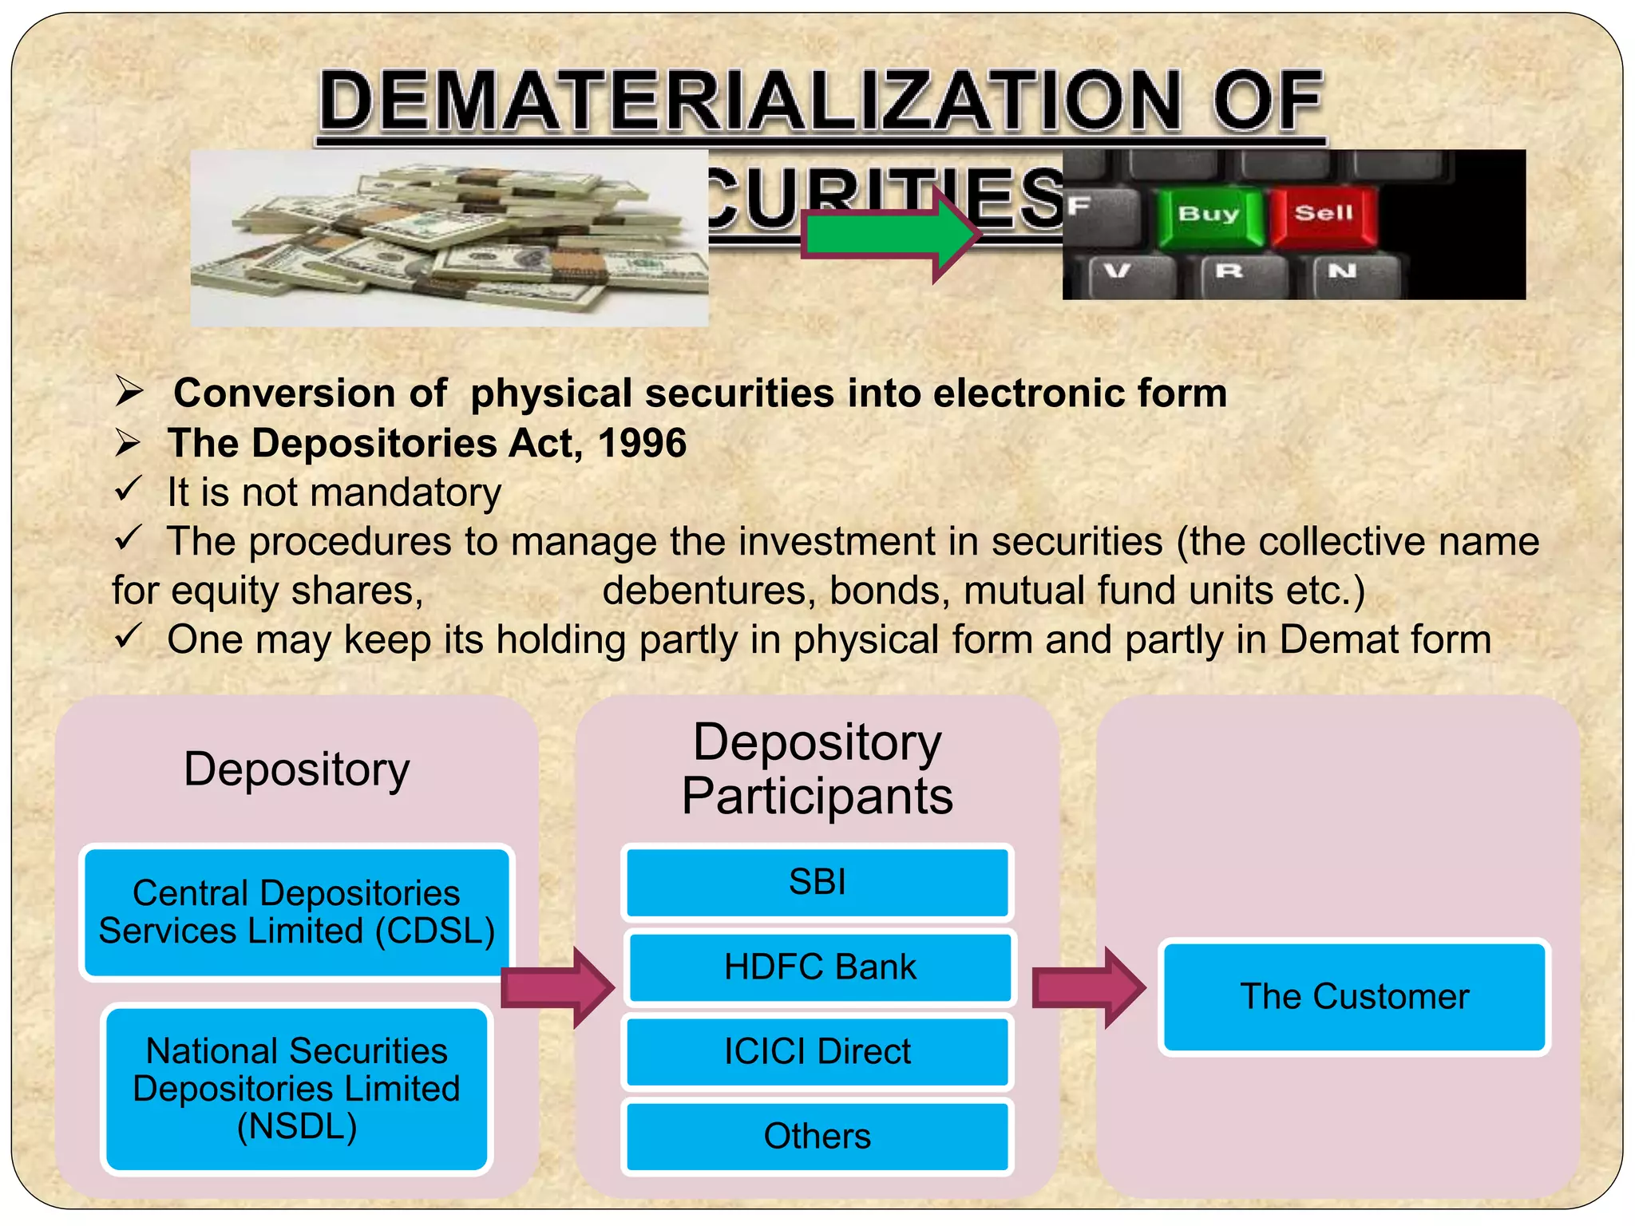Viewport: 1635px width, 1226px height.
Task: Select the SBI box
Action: click(x=817, y=883)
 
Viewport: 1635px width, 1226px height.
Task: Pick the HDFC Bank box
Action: click(x=820, y=967)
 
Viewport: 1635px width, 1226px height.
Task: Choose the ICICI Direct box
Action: click(x=817, y=1052)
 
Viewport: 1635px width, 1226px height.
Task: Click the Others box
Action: click(x=817, y=1137)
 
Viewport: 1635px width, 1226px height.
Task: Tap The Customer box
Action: click(x=1354, y=997)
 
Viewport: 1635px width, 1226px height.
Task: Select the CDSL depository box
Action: click(x=296, y=912)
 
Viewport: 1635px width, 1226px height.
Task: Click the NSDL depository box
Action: click(x=296, y=1089)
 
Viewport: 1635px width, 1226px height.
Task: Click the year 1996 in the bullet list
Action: click(x=642, y=443)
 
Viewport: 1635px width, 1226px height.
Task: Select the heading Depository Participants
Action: click(x=817, y=769)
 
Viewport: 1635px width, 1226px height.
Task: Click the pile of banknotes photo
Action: click(x=449, y=238)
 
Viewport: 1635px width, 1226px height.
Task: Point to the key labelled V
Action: click(x=1118, y=271)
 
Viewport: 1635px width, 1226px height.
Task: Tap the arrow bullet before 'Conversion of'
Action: click(x=129, y=391)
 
